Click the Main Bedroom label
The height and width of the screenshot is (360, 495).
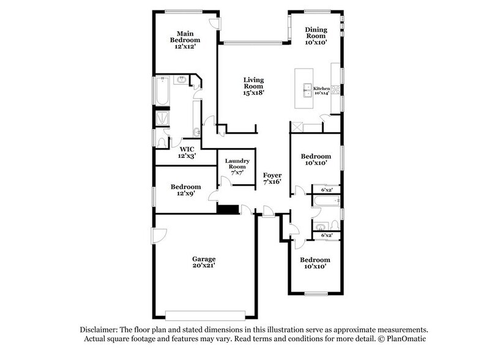(185, 40)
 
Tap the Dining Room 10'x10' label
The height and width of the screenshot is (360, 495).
(316, 36)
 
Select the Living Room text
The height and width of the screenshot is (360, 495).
(253, 87)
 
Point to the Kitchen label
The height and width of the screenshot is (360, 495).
(321, 90)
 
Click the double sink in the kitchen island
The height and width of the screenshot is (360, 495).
(308, 90)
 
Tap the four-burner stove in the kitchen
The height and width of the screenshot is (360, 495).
(336, 89)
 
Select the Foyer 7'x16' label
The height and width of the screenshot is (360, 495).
(272, 178)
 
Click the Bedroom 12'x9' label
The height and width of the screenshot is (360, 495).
(185, 190)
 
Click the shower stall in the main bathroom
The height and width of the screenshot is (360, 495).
(163, 118)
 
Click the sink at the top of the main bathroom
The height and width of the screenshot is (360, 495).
(181, 80)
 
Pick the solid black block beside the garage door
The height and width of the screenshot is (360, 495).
(227, 209)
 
